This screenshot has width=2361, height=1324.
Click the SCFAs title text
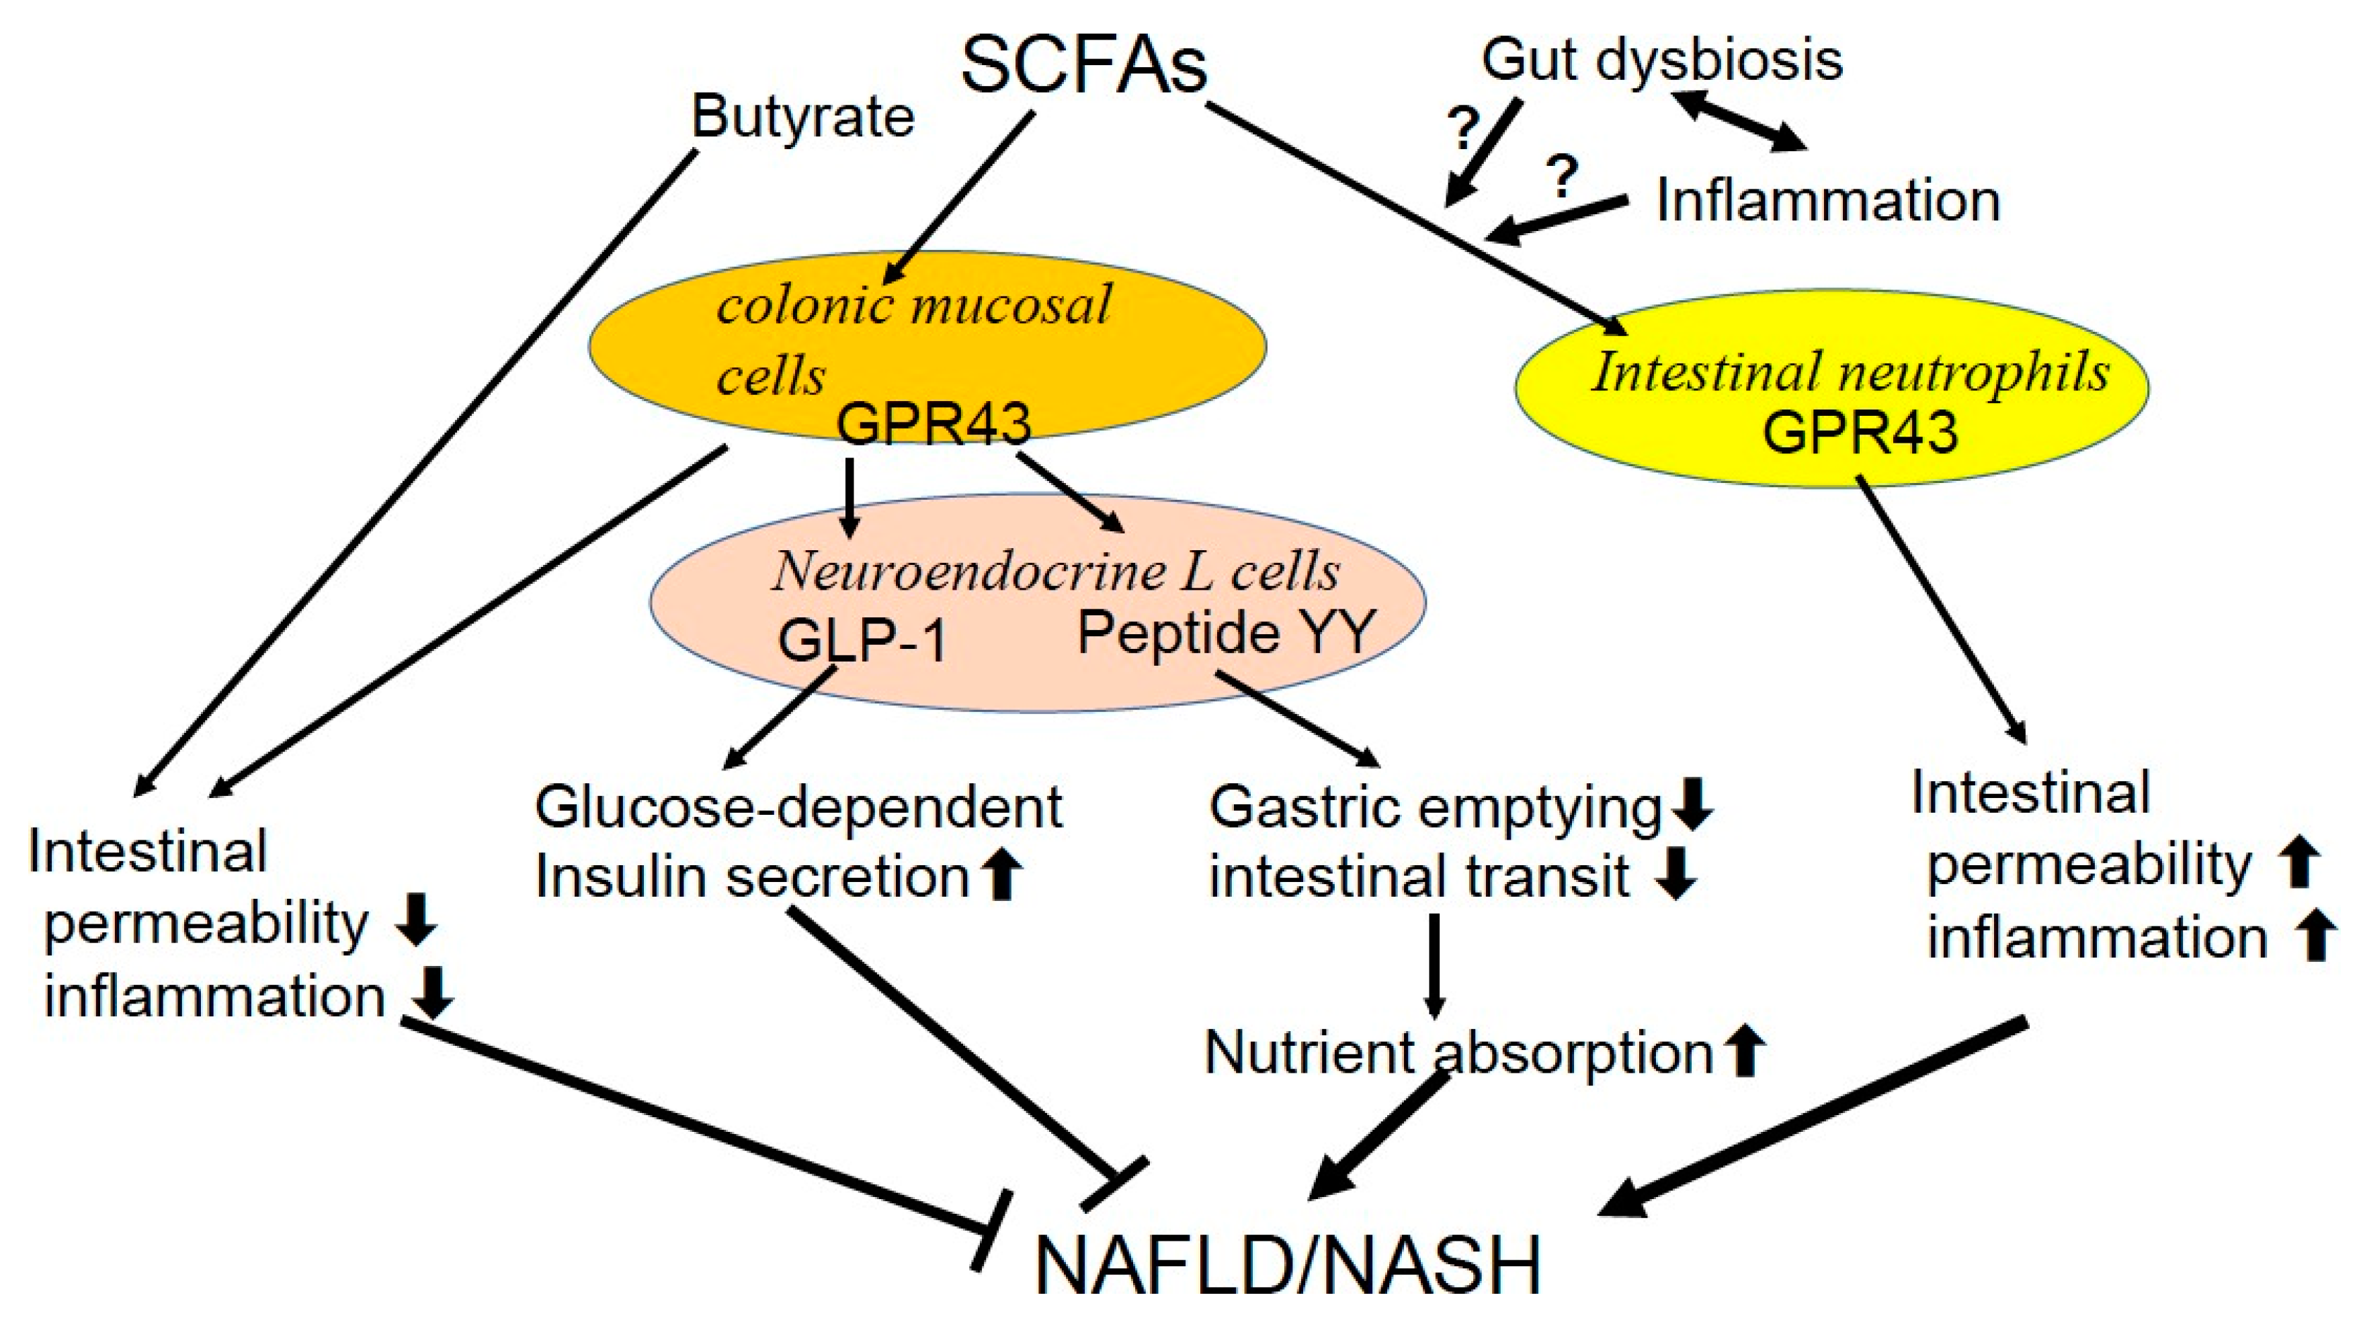click(x=1083, y=66)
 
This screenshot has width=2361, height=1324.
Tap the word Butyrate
click(x=803, y=118)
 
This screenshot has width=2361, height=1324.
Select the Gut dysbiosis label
click(x=1661, y=60)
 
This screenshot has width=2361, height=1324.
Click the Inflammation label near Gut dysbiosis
click(x=1827, y=201)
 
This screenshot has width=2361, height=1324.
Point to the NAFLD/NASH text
click(x=1288, y=1264)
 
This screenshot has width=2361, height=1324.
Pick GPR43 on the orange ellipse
click(x=933, y=423)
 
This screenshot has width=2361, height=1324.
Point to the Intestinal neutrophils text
click(x=1850, y=373)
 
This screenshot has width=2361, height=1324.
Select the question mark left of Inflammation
click(x=1563, y=176)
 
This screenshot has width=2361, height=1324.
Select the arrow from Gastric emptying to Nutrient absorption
click(x=1434, y=967)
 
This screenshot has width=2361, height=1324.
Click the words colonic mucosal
click(x=914, y=304)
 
